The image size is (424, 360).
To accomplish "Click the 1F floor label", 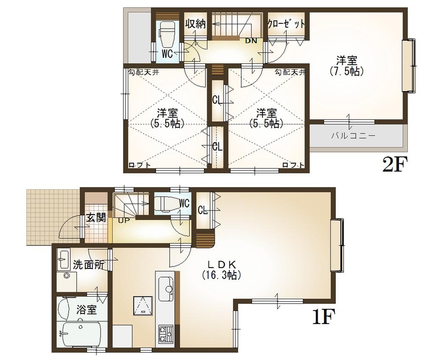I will pos(324,317).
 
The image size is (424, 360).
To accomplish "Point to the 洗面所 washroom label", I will pos(88,265).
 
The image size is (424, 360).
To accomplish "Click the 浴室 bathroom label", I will pos(86,310).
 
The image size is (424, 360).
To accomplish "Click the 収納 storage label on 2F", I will pos(195,24).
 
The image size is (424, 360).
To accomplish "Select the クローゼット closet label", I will pos(286,24).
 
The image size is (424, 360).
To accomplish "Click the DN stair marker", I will pos(251,41).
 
